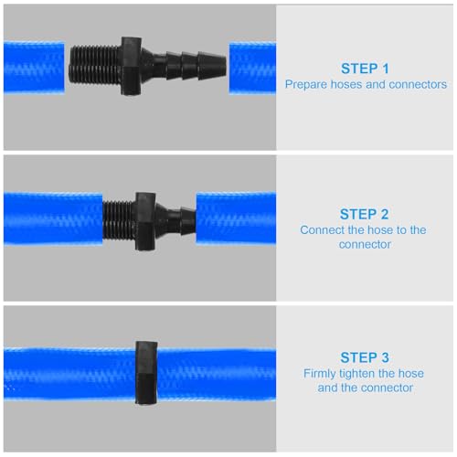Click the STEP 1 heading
[x=366, y=68]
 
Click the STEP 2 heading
[x=366, y=214]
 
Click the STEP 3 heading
[x=366, y=357]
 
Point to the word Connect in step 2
[x=323, y=230]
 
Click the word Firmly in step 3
[x=321, y=373]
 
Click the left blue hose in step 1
[x=35, y=66]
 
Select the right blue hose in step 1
[x=251, y=67]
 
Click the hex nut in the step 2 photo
[x=146, y=221]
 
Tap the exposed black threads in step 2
[x=117, y=221]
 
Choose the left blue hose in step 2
[x=50, y=221]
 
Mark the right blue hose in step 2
[x=235, y=221]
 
